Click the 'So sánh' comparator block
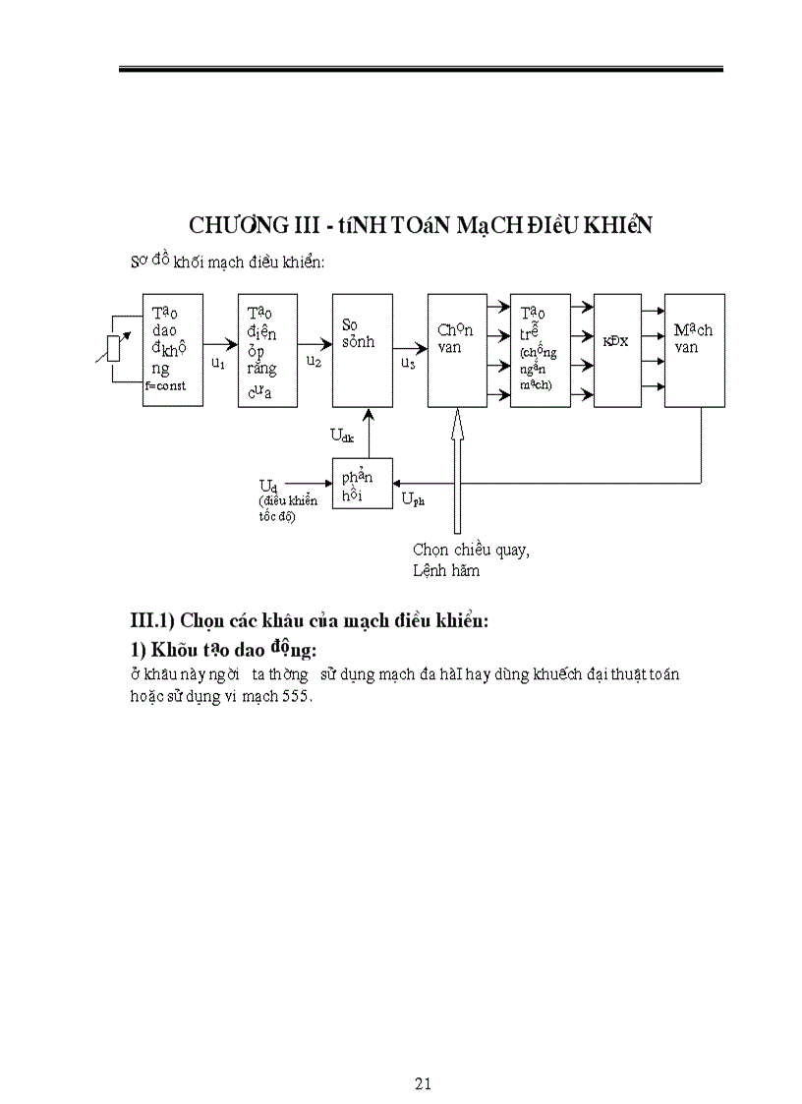pyautogui.click(x=363, y=350)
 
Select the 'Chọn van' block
pyautogui.click(x=457, y=350)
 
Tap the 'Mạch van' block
pyautogui.click(x=695, y=350)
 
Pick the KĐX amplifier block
pyautogui.click(x=617, y=350)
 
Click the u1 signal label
pyautogui.click(x=219, y=363)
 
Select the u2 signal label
pyautogui.click(x=314, y=362)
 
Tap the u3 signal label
pyautogui.click(x=407, y=362)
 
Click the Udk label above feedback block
pyautogui.click(x=343, y=434)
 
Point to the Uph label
pyautogui.click(x=414, y=499)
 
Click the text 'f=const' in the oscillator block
pyautogui.click(x=166, y=385)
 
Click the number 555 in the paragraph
pyautogui.click(x=296, y=696)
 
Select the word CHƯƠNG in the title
pyautogui.click(x=233, y=225)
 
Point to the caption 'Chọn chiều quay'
pyautogui.click(x=471, y=550)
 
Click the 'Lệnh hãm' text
pyautogui.click(x=446, y=571)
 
